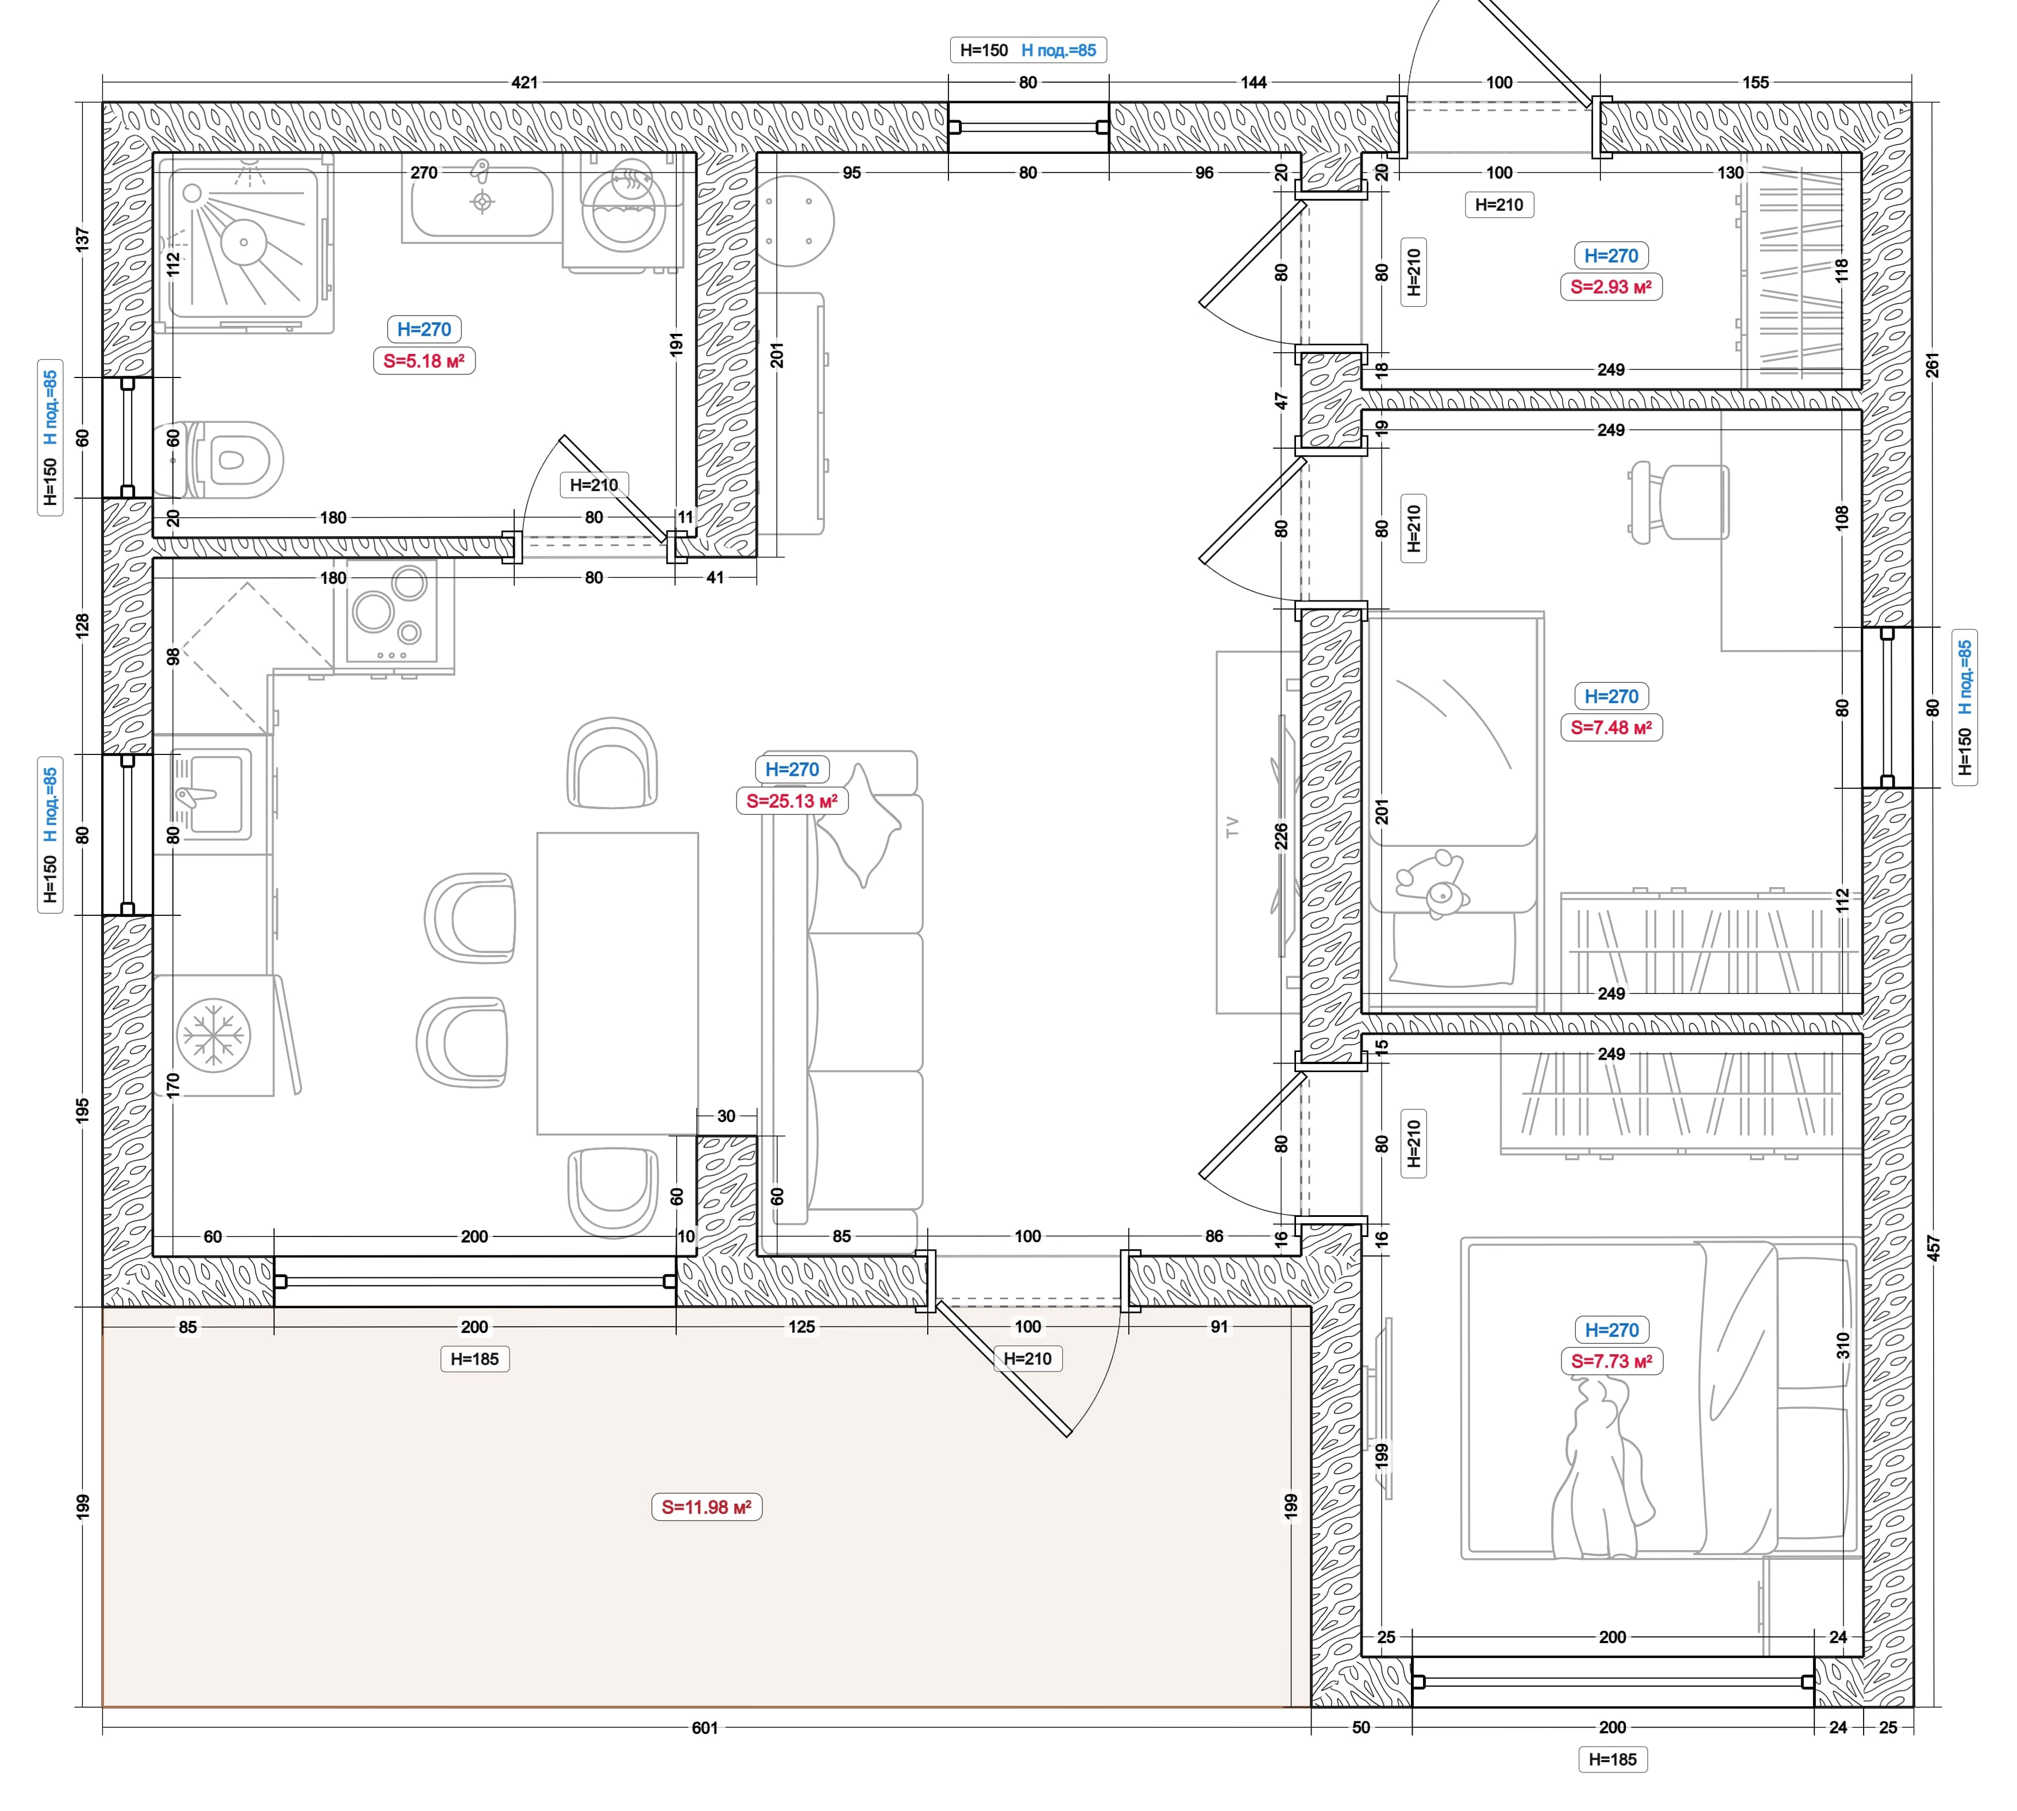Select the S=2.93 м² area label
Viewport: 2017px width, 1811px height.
pyautogui.click(x=1611, y=287)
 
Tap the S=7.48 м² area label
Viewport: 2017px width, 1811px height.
pyautogui.click(x=1611, y=727)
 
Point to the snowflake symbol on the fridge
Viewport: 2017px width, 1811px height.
pyautogui.click(x=214, y=1035)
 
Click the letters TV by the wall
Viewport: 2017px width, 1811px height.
pyautogui.click(x=1232, y=827)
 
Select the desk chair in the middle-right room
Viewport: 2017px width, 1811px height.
pyautogui.click(x=1677, y=503)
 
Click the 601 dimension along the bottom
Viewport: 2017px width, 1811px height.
pyautogui.click(x=704, y=1728)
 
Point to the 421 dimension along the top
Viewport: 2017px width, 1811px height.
pyautogui.click(x=525, y=83)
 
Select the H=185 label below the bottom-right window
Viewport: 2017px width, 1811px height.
pyautogui.click(x=1612, y=1759)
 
